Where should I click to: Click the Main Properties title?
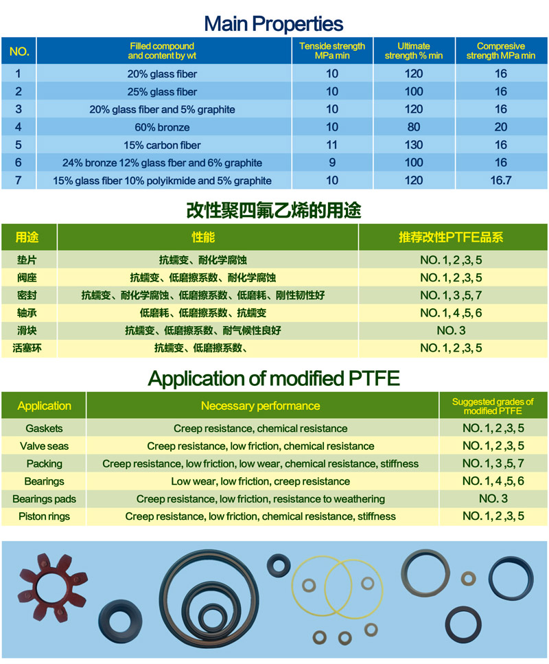(274, 24)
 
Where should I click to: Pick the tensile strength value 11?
(332, 145)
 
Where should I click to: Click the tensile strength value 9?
(332, 163)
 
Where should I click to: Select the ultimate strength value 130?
(414, 145)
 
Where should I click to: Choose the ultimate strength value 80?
(414, 127)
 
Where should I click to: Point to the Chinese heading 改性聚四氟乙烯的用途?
(274, 210)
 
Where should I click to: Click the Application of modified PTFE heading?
(274, 378)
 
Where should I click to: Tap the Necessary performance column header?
(260, 406)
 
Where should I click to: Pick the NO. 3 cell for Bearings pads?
(493, 499)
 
